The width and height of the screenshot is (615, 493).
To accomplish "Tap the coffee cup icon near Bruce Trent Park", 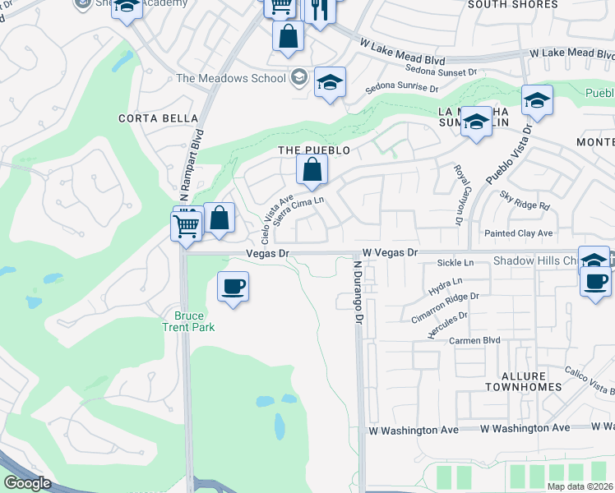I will point(234,287).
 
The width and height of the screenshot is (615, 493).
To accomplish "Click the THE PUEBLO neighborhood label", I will point(313,150).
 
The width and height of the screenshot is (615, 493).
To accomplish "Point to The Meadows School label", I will point(231,79).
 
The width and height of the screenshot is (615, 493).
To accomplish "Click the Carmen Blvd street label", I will point(474,339).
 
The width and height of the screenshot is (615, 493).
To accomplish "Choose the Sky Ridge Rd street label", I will point(524,200).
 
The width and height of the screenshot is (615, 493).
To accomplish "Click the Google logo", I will point(27,483).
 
